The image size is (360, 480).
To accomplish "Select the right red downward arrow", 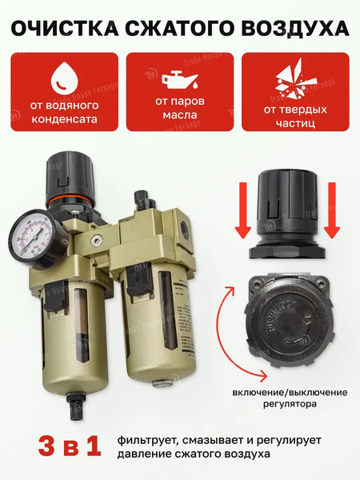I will [332, 221].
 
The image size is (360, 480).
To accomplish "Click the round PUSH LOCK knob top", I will [287, 319].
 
